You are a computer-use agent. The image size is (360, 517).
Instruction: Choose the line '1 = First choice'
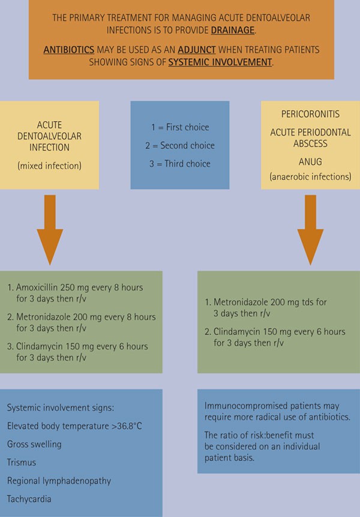click(x=180, y=127)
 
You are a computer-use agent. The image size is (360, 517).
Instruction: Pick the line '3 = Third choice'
click(x=180, y=164)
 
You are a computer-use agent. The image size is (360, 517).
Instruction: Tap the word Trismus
click(x=21, y=462)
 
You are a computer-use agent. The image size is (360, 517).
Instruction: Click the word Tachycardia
click(x=28, y=498)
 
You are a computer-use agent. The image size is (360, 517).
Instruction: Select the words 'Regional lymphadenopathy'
click(x=59, y=480)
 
